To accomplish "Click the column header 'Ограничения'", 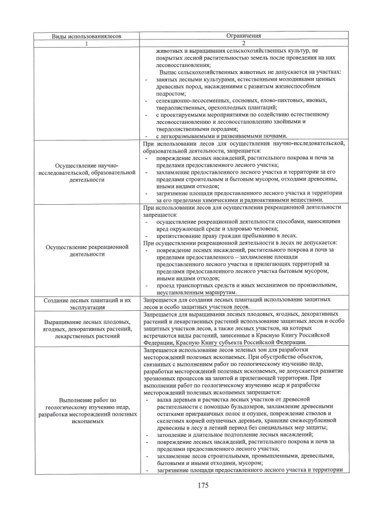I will (243, 36).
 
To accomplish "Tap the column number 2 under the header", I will (243, 43).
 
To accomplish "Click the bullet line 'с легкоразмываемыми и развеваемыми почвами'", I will (229, 135).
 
